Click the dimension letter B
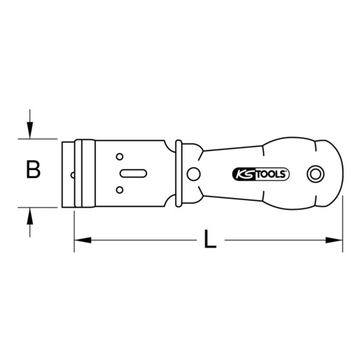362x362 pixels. (32, 171)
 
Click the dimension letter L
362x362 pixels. (210, 240)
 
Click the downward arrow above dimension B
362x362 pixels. (30, 130)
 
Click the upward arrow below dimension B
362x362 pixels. (30, 215)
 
